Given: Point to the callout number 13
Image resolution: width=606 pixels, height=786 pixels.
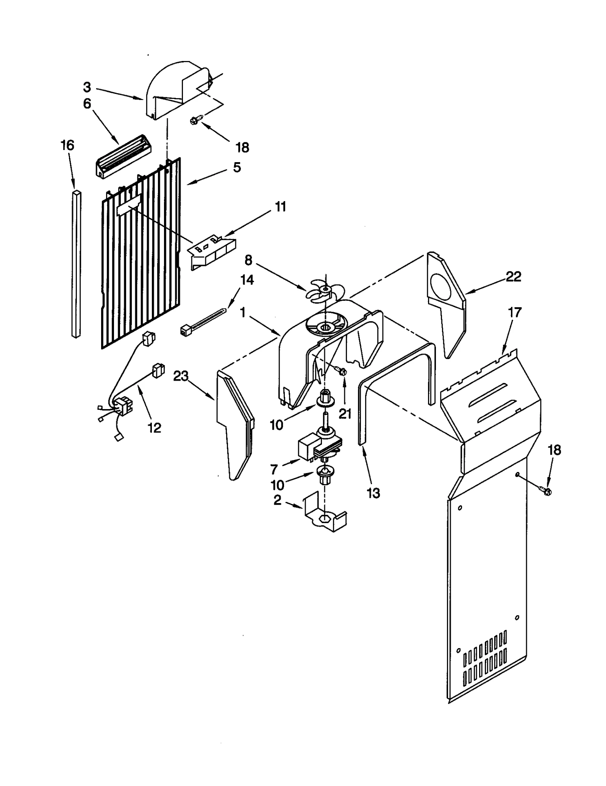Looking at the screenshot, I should tap(373, 493).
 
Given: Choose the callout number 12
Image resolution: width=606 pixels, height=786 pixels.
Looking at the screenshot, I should tap(154, 428).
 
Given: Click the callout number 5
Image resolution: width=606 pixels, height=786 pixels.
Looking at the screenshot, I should tap(237, 167).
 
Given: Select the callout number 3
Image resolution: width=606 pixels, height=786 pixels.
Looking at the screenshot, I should tap(87, 87).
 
